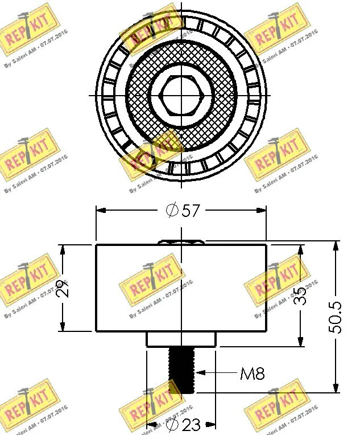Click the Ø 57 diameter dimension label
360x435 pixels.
pyautogui.click(x=183, y=211)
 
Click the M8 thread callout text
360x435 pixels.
pyautogui.click(x=252, y=374)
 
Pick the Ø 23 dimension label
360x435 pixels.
pyautogui.click(x=183, y=425)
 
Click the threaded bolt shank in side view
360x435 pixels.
pyautogui.click(x=181, y=370)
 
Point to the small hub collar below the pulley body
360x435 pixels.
pyautogui.click(x=181, y=339)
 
